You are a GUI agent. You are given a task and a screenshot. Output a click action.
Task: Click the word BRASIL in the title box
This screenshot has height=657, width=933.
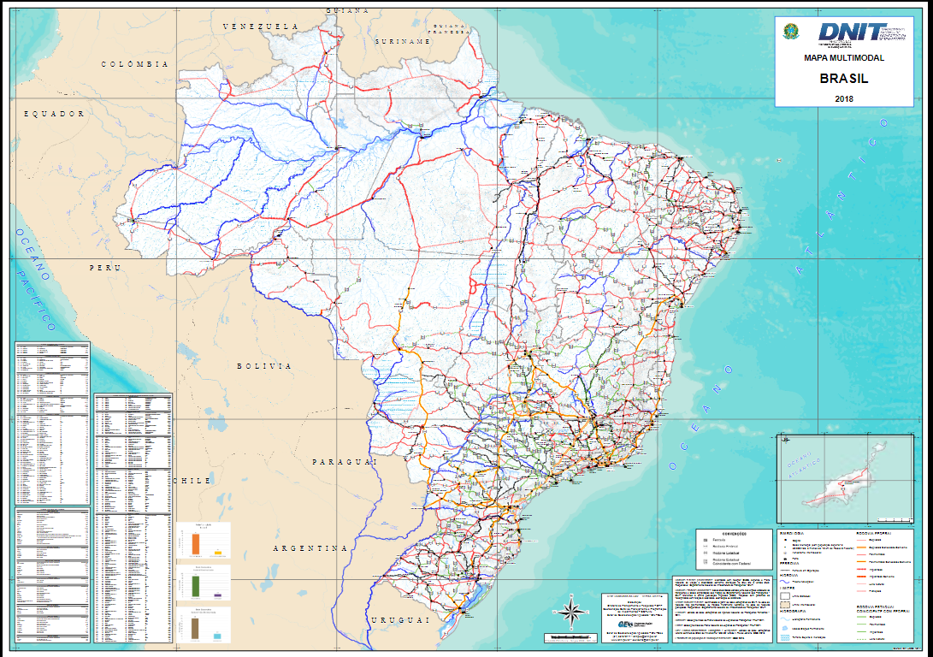tap(843, 79)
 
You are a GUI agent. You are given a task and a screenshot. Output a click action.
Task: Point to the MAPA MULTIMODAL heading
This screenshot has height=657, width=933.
tap(843, 58)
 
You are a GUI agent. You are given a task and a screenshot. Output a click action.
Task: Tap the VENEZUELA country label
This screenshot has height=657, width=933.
tap(260, 27)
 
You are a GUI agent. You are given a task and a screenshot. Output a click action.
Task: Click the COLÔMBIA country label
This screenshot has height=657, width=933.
tap(135, 64)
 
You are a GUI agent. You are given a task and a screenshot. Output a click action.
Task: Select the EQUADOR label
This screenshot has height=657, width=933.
tap(55, 113)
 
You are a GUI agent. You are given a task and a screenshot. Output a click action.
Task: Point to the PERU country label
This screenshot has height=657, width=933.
tap(106, 268)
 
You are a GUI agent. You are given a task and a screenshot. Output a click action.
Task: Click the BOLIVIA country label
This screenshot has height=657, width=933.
tap(264, 365)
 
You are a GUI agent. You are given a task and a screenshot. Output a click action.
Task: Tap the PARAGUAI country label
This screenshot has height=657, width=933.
tap(345, 462)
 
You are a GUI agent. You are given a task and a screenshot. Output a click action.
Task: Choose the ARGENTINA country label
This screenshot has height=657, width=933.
tap(310, 547)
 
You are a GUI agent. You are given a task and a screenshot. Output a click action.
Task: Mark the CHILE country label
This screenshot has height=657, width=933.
tap(192, 481)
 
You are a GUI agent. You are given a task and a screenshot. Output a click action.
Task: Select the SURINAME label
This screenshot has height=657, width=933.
tap(402, 41)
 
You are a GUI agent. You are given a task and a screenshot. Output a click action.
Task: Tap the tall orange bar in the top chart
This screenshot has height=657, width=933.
tap(196, 542)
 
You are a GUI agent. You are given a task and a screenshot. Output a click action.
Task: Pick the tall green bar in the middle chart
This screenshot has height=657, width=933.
tap(196, 586)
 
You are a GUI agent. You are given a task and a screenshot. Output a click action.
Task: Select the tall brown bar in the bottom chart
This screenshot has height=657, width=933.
tap(196, 628)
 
